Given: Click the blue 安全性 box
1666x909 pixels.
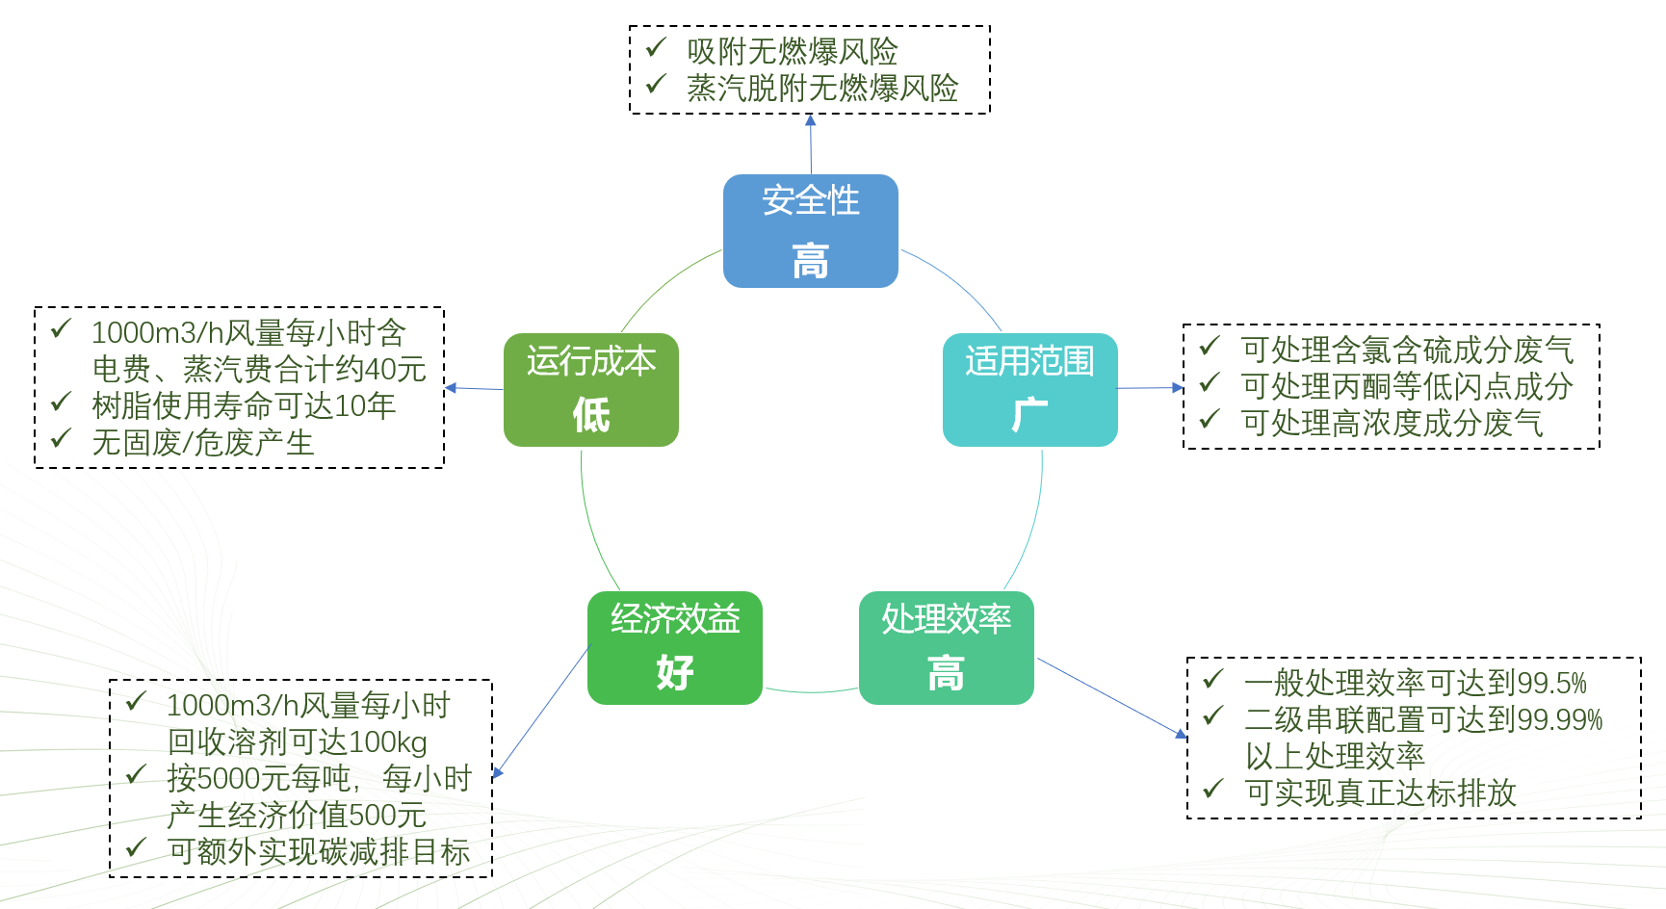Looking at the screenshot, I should click(810, 231).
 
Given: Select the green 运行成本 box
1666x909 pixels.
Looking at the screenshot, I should click(590, 389).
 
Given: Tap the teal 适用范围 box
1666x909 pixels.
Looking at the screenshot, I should click(1029, 389).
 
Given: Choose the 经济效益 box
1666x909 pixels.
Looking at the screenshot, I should click(674, 647).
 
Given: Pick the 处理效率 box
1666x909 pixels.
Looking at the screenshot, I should click(946, 647).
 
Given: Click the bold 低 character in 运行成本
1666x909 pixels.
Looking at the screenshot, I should click(591, 416).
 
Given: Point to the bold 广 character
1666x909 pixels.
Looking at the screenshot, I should click(1029, 416).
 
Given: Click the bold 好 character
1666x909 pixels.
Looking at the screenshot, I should click(675, 673).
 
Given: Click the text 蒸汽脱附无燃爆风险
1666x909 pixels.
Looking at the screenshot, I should click(822, 89).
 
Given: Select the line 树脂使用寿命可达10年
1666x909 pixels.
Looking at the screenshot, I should click(244, 406).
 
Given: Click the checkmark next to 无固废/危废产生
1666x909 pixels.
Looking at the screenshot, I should click(62, 439).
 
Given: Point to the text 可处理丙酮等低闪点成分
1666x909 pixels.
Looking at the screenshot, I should click(1407, 386).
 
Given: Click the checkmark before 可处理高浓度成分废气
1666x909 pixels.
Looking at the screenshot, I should click(1210, 420).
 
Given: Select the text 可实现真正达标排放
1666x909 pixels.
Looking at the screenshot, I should click(1380, 793).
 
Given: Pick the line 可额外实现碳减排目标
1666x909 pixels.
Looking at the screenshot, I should click(319, 852).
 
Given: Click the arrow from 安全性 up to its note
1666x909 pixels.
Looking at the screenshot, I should click(811, 144).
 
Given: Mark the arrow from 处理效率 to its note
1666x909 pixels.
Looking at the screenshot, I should click(1112, 698).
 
